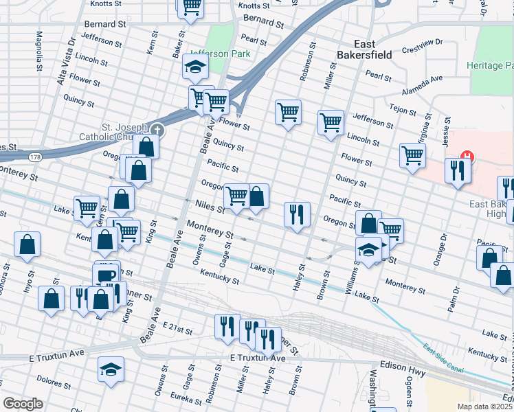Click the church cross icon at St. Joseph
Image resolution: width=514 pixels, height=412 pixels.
[x=158, y=129]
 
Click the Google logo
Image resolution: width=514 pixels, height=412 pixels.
[x=23, y=403]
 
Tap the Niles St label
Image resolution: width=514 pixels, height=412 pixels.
[x=210, y=205]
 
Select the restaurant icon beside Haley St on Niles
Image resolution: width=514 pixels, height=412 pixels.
[x=297, y=215]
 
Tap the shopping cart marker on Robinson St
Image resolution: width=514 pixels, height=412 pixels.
[x=288, y=112]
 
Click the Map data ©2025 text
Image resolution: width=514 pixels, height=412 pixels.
[x=485, y=407]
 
